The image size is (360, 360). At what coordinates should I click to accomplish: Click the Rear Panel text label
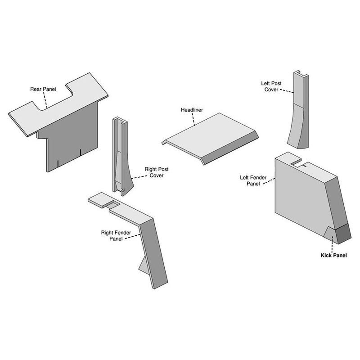(x=42, y=89)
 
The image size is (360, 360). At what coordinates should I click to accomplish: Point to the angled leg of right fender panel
(x=154, y=252)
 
